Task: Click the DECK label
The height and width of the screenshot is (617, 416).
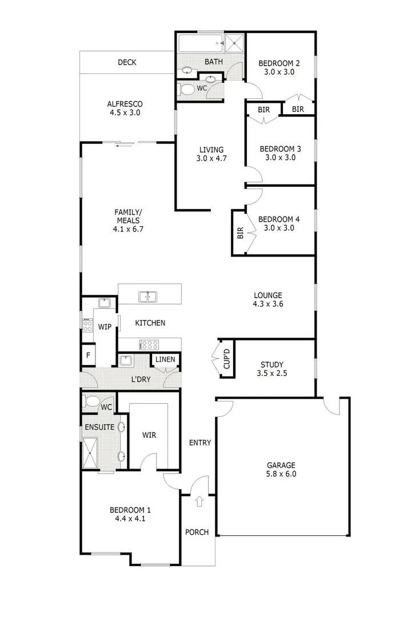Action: [x=127, y=62]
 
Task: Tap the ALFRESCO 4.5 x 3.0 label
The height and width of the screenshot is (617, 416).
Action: [x=125, y=109]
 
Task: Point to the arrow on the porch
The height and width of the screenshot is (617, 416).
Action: [x=199, y=502]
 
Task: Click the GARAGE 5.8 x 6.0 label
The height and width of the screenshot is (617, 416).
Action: [x=281, y=469]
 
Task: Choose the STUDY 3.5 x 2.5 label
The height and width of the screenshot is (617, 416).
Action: [x=272, y=369]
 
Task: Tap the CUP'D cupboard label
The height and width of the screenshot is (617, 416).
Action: [x=226, y=358]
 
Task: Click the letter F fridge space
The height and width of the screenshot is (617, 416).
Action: [x=88, y=355]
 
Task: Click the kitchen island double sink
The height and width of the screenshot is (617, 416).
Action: [x=148, y=297]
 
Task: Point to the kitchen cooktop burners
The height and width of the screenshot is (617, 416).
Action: [x=150, y=344]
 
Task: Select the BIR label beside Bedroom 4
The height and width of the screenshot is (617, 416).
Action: [x=240, y=233]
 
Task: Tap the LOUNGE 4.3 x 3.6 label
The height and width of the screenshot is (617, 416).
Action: [x=268, y=300]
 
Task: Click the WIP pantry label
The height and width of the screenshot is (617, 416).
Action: [x=105, y=327]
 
